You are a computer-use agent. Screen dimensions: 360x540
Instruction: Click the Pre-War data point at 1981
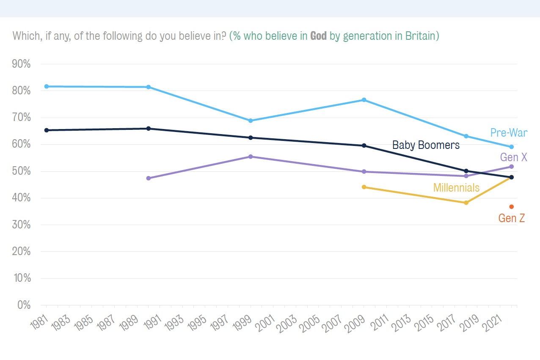[47, 86]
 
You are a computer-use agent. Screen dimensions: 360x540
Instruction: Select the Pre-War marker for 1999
[251, 121]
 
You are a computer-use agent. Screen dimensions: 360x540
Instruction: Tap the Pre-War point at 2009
[364, 100]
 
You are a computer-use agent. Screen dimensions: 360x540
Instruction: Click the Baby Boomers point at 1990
[149, 128]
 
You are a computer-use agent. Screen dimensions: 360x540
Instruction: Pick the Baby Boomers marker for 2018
[466, 171]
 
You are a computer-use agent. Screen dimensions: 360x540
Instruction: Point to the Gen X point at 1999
[251, 157]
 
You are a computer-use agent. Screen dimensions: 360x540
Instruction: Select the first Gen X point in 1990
[149, 178]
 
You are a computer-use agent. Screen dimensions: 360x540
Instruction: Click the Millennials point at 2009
[364, 187]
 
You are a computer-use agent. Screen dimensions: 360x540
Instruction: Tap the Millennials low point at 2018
[466, 203]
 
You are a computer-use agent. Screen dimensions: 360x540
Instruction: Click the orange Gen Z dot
[512, 206]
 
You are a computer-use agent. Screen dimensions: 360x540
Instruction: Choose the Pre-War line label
[509, 132]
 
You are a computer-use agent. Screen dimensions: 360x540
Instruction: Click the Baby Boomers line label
[426, 145]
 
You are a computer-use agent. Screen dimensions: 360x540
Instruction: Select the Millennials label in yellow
[456, 187]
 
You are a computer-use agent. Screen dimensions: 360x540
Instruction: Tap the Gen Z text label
[512, 218]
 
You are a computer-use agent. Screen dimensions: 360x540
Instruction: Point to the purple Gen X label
[513, 157]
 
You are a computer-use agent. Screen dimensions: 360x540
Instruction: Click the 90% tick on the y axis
[21, 64]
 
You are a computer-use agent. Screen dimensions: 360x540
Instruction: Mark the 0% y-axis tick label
[24, 305]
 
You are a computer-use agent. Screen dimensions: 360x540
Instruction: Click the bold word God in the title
[318, 36]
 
